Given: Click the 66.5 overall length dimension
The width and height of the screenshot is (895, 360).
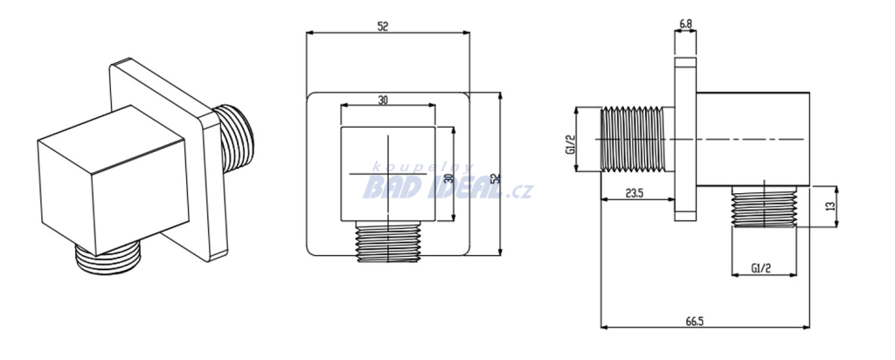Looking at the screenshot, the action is [694, 322].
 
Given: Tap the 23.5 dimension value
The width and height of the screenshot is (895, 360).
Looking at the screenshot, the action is [635, 193].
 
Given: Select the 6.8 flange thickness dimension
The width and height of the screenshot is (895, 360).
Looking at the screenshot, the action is [685, 24].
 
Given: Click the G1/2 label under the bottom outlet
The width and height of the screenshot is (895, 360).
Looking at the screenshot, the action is [761, 267].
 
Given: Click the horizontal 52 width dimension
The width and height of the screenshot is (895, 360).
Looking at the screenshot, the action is [383, 26].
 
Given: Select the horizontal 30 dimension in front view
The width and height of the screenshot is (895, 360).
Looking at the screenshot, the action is [383, 100].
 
